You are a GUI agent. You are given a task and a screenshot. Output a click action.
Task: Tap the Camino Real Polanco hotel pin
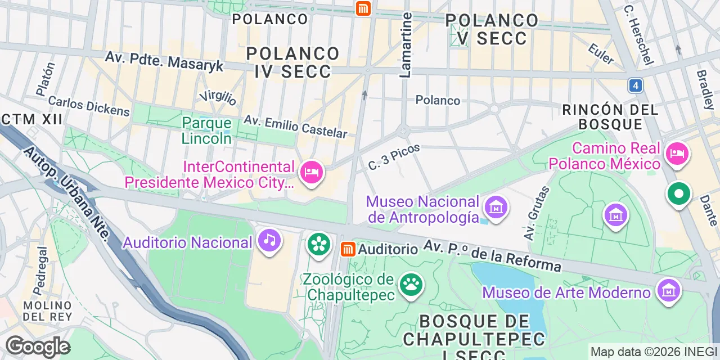(x=677, y=153)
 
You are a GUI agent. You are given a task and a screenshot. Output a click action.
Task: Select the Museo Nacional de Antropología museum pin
(x=496, y=208)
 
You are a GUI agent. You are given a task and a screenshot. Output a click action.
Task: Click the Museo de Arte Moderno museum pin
(x=669, y=291)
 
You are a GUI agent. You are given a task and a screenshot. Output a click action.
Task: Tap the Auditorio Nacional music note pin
(x=269, y=241)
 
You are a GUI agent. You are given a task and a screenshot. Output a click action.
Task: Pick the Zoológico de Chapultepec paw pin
(x=411, y=285)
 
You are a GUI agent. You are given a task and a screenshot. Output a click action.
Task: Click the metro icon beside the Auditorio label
(x=348, y=249)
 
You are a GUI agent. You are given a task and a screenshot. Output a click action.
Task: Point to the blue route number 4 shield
(x=636, y=85)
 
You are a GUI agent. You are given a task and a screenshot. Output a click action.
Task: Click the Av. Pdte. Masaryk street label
(x=164, y=62)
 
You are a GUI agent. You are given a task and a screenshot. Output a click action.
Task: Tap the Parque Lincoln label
(x=206, y=130)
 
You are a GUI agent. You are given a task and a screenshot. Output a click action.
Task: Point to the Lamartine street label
(x=406, y=45)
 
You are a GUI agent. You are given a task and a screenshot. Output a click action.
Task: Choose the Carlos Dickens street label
(x=89, y=106)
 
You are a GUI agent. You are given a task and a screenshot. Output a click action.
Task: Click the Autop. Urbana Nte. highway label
(x=66, y=192)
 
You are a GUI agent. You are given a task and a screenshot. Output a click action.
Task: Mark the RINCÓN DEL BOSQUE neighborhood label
(x=610, y=116)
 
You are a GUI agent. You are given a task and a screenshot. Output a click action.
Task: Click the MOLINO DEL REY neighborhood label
(x=47, y=310)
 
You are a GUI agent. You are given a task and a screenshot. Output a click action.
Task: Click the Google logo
(x=38, y=346)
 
